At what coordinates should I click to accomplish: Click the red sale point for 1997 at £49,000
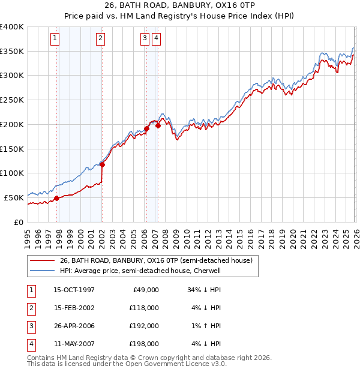(57, 198)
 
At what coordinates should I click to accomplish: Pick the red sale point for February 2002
(102, 164)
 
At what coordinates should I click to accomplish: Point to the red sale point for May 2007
(158, 125)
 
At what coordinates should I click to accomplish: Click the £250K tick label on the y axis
(12, 100)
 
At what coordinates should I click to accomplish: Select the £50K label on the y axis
(14, 197)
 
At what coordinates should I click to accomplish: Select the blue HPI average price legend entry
(140, 271)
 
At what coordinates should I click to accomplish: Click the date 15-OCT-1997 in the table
(74, 290)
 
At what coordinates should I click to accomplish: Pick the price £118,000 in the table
(144, 308)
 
